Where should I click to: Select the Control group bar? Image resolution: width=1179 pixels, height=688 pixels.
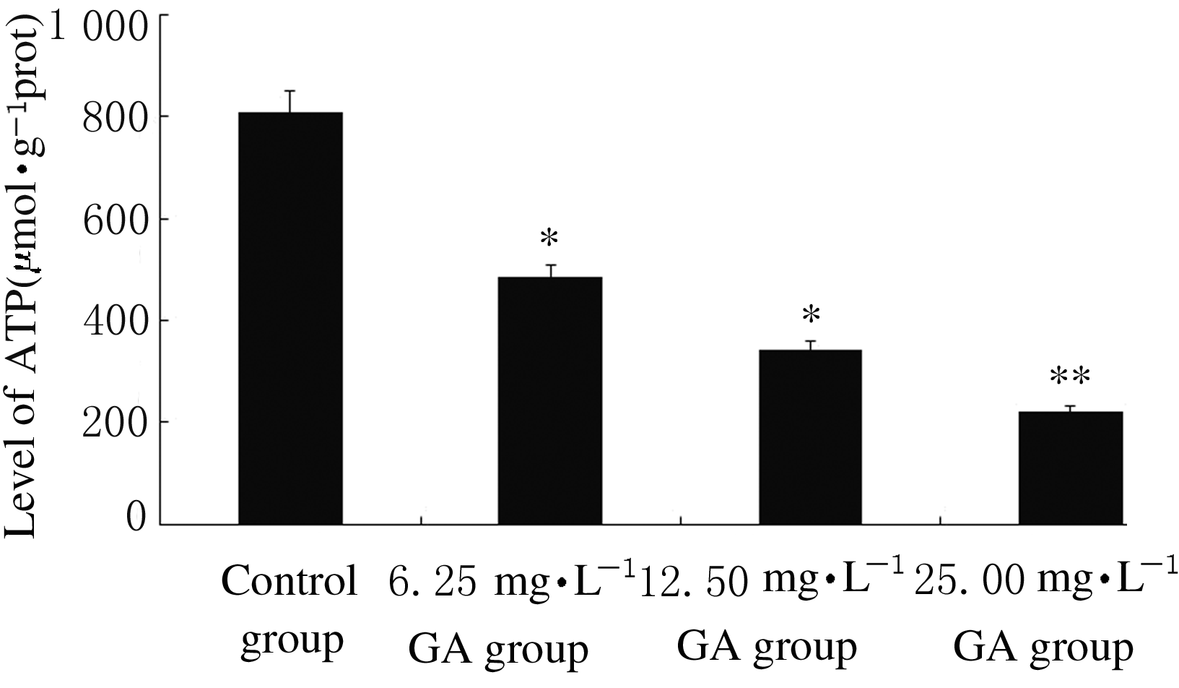pos(290,318)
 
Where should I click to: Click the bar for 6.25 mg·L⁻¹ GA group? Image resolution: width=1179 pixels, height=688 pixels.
pos(549,400)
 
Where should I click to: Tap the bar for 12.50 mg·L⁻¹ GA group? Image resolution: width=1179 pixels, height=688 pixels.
pos(810,437)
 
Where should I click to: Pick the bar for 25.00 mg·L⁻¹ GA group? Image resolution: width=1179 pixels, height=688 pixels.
pos(1070,468)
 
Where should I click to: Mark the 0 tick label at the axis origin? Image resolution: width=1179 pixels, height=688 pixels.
pos(136,519)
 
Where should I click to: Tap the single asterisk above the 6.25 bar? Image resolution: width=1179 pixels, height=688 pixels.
pos(549,238)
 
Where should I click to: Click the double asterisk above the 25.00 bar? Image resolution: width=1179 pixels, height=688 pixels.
pos(1070,378)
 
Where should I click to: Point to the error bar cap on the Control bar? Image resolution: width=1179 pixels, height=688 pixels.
pos(290,91)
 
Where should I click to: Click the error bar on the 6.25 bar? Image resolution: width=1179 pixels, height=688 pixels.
pos(549,270)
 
